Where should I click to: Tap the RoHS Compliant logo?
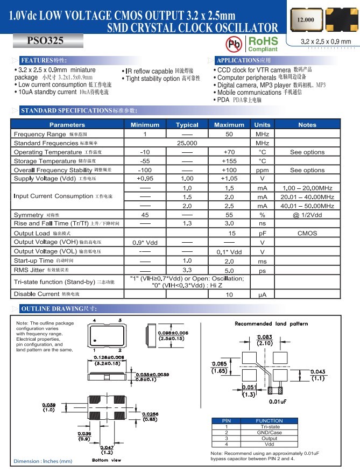(x=263, y=44)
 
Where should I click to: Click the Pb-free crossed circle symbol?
(x=234, y=44)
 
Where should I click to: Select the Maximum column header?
(x=229, y=125)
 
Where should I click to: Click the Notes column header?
(x=307, y=125)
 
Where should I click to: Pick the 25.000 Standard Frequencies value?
(x=187, y=143)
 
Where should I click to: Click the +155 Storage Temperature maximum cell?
(x=229, y=161)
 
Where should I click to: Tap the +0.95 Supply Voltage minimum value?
(x=145, y=179)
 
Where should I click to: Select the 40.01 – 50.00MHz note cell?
(x=307, y=206)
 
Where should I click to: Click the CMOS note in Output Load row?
(x=307, y=234)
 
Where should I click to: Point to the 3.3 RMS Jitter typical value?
(x=187, y=270)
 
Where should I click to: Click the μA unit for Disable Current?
(x=262, y=295)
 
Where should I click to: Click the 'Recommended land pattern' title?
(x=271, y=324)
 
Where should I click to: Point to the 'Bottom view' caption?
(x=107, y=460)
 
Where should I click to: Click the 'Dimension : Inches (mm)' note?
(x=43, y=461)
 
